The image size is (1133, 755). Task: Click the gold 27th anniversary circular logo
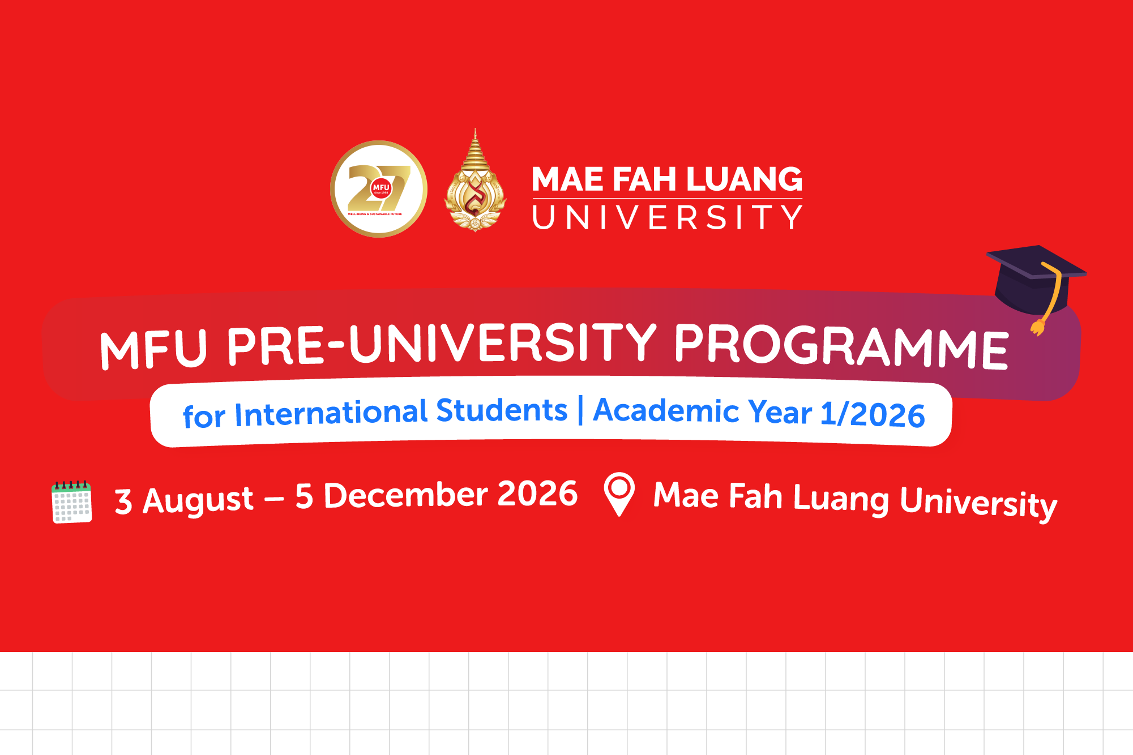378,188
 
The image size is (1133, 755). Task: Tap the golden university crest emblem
475,187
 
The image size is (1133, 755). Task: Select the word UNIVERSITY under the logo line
667,218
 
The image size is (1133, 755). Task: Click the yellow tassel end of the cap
1038,327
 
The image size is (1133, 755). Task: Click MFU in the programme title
153,349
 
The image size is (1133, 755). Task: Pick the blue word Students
501,410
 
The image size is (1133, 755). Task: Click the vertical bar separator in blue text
580,409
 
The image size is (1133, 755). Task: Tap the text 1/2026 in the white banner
872,414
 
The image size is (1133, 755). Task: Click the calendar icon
71,502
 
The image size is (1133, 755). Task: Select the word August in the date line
198,500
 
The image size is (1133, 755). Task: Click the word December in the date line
405,495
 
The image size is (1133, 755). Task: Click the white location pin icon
619,492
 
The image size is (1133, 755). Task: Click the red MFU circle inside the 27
381,188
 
